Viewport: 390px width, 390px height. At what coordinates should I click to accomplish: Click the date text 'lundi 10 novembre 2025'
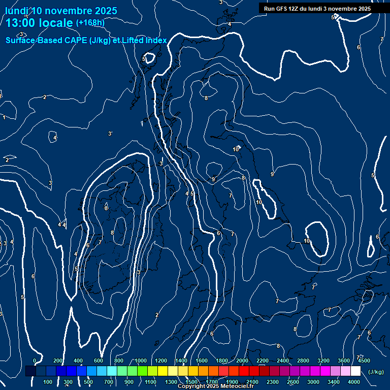click(x=61, y=11)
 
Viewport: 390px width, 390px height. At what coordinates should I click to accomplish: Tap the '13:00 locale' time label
click(x=40, y=23)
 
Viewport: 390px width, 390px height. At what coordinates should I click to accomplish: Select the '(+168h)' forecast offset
click(x=90, y=22)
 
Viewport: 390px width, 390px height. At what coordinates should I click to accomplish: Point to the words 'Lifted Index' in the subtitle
click(x=143, y=41)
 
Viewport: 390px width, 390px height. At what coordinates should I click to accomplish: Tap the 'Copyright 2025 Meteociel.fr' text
click(x=215, y=386)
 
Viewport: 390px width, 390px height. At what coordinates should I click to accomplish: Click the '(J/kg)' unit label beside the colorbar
click(x=375, y=372)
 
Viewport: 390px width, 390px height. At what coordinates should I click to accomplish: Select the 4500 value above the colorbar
click(x=364, y=361)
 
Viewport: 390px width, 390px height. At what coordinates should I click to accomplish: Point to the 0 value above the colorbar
click(x=35, y=361)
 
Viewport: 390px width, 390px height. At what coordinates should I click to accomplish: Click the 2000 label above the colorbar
click(x=242, y=361)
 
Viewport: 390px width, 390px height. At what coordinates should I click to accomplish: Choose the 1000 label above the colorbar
click(x=140, y=361)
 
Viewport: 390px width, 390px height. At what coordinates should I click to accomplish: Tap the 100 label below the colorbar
click(x=48, y=382)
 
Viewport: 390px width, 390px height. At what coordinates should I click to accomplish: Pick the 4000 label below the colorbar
click(x=354, y=382)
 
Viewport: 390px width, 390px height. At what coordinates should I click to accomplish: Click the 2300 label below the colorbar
click(x=272, y=382)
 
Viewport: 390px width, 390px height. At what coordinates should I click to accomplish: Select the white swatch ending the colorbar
click(x=355, y=371)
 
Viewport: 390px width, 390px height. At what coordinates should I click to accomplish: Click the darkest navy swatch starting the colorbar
click(x=30, y=371)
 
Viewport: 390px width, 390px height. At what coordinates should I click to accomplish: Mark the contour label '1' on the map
click(x=4, y=117)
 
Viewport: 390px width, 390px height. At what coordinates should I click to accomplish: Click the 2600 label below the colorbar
click(x=293, y=382)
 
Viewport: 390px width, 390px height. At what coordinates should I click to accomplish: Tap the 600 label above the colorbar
click(x=99, y=361)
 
